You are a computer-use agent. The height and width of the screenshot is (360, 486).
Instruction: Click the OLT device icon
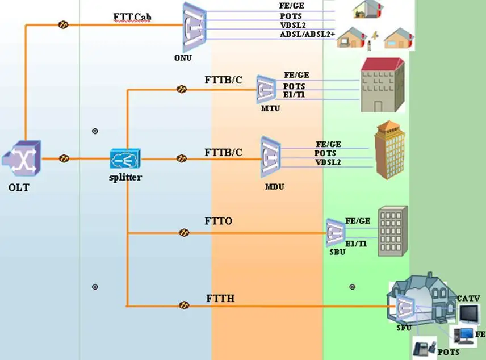[x=20, y=160]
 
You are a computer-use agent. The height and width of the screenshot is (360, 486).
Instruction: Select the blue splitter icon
[x=125, y=159]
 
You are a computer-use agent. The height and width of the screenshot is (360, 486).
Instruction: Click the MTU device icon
[x=265, y=89]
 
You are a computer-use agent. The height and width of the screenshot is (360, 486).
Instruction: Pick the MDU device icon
[x=271, y=154]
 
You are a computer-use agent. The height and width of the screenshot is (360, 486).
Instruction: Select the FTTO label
[x=218, y=220]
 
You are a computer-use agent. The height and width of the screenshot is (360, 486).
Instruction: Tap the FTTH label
[x=220, y=298]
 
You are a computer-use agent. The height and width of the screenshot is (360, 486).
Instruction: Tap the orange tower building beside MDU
[x=391, y=149]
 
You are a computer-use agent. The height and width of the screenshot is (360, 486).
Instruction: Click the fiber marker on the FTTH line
[x=184, y=305]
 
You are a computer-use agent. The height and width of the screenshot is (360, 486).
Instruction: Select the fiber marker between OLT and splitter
[x=64, y=159]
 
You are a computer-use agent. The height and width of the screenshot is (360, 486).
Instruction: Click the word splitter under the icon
[x=125, y=177]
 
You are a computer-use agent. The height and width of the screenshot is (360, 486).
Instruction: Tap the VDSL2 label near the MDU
[x=329, y=162]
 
